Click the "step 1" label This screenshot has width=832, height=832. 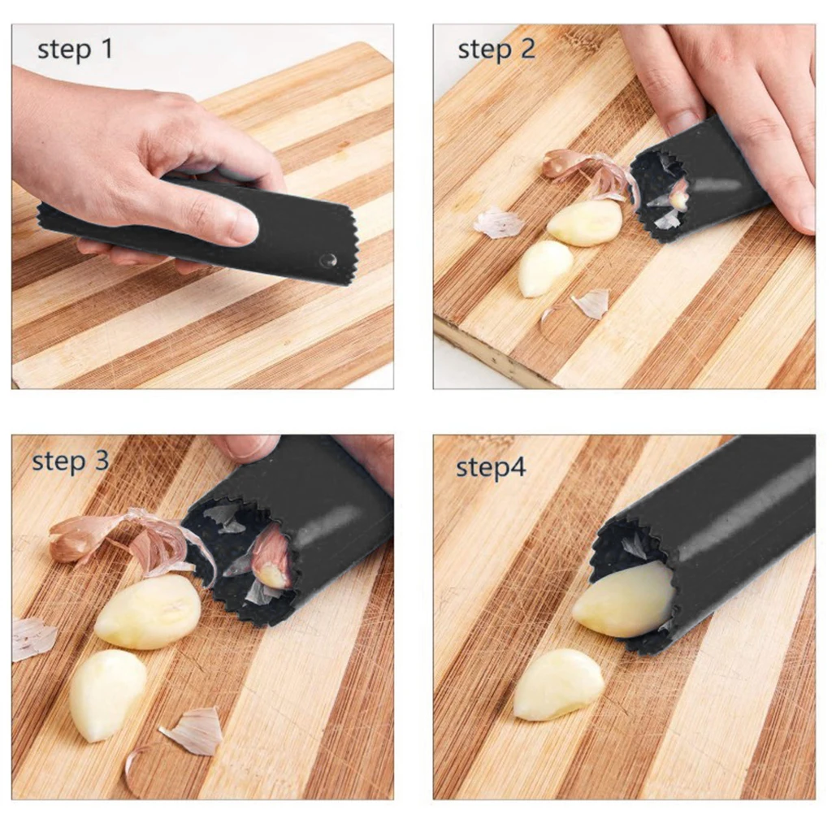tap(75, 50)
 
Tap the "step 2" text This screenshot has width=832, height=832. tap(496, 50)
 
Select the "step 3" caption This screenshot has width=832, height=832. tap(70, 461)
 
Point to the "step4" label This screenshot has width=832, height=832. tap(490, 467)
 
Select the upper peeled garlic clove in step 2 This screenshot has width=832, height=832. tap(584, 223)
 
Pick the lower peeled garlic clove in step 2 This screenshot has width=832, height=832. tap(544, 267)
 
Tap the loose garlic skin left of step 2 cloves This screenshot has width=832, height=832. tap(499, 222)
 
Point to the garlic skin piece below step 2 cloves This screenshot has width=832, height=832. tap(591, 303)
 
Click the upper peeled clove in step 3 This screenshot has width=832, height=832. tap(148, 612)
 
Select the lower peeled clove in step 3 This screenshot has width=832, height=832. tap(106, 694)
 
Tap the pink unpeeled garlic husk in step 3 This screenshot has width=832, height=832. tap(73, 538)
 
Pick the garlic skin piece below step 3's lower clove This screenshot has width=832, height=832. tap(193, 730)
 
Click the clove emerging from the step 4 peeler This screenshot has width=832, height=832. tap(624, 600)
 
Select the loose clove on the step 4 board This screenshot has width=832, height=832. tap(558, 684)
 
